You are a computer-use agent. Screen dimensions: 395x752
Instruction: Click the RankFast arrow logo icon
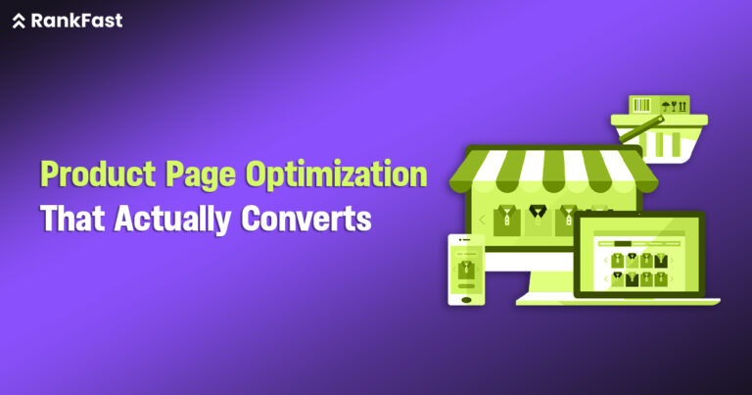pos(19,21)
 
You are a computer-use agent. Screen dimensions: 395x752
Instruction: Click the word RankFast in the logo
pos(76,21)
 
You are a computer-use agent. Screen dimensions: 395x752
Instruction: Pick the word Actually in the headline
pos(174,218)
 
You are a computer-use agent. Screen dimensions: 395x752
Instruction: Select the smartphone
pos(466,270)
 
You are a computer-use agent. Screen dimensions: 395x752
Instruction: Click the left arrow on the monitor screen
pos(482,220)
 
